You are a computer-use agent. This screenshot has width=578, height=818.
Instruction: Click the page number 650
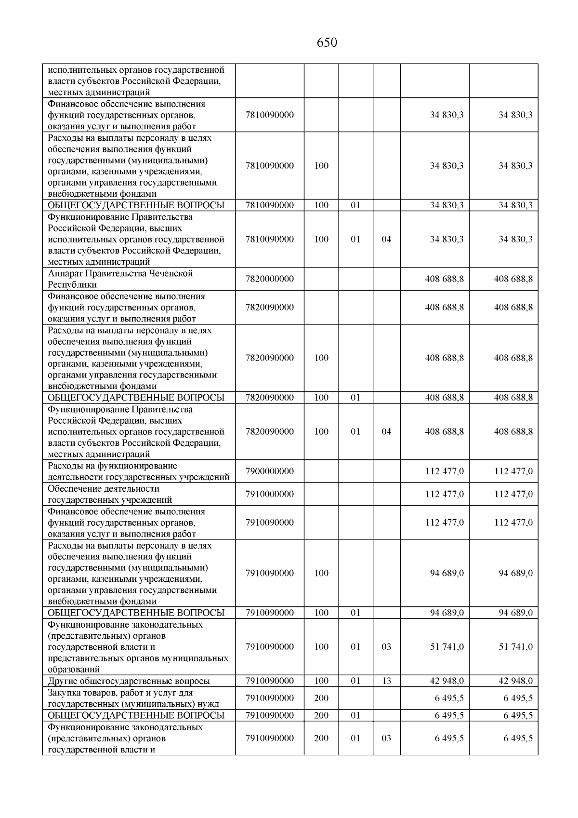(327, 43)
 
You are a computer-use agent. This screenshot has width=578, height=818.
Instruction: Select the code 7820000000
(269, 279)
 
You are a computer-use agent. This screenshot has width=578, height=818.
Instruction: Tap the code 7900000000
(269, 471)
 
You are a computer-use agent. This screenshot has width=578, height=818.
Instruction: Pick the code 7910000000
(269, 494)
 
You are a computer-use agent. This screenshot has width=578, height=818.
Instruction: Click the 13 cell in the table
(386, 681)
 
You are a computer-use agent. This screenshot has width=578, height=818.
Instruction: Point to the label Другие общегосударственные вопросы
(129, 681)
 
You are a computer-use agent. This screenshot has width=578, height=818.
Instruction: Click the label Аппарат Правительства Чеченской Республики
(120, 279)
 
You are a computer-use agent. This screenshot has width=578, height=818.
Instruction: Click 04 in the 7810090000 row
(386, 240)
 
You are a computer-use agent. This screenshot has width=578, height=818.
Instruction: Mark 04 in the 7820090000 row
(386, 431)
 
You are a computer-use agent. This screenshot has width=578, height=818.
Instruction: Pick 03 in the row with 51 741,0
(386, 647)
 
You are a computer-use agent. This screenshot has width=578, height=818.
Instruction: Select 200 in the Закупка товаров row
(321, 698)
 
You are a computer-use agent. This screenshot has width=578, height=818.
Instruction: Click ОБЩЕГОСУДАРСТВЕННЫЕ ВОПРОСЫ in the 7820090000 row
(136, 398)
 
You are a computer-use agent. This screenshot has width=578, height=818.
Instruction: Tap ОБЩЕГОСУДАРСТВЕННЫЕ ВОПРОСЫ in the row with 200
(136, 716)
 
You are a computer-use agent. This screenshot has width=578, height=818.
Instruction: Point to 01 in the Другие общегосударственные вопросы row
(355, 681)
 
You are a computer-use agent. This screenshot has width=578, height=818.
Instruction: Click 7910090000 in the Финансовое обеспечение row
(269, 523)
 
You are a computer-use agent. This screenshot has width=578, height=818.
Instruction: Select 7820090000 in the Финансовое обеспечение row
(269, 308)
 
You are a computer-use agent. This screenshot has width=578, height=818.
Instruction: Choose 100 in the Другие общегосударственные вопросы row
(321, 681)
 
